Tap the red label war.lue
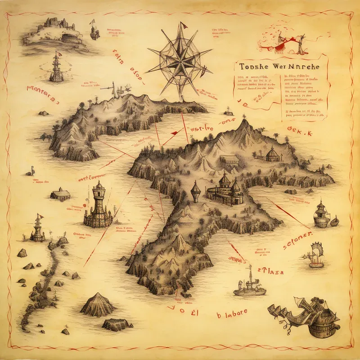[201, 129]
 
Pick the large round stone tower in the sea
[99, 206]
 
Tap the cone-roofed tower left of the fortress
[195, 191]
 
